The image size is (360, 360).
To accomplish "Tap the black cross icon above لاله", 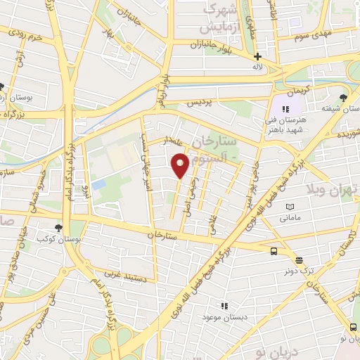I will click(x=258, y=56).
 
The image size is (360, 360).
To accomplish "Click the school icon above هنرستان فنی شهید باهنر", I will click(x=285, y=109).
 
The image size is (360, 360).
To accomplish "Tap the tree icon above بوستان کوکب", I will click(x=58, y=228).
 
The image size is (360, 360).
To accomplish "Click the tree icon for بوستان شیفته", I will click(x=343, y=98).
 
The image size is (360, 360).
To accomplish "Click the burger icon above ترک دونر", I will click(x=299, y=259).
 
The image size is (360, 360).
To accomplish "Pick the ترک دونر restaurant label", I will click(x=298, y=271).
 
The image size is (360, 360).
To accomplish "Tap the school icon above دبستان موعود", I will click(x=225, y=306).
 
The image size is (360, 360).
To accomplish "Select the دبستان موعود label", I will click(x=224, y=318).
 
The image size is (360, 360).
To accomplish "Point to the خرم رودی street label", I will click(x=25, y=34).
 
